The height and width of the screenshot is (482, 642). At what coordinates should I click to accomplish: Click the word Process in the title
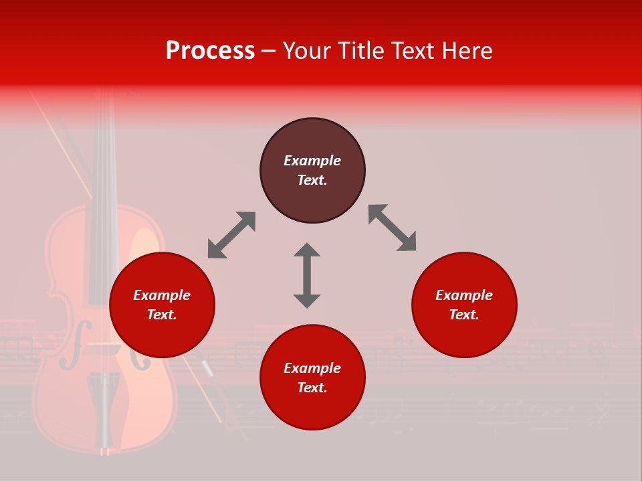pyautogui.click(x=210, y=51)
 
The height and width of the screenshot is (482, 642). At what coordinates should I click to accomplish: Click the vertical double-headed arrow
pyautogui.click(x=307, y=275)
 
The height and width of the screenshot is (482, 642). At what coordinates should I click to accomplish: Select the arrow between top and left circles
pyautogui.click(x=231, y=235)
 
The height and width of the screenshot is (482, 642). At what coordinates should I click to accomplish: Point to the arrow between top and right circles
pyautogui.click(x=392, y=228)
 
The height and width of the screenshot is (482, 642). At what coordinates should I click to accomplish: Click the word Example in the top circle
pyautogui.click(x=312, y=161)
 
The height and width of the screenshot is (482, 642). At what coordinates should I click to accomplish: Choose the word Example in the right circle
pyautogui.click(x=464, y=295)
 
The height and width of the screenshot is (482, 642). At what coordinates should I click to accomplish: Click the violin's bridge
pyautogui.click(x=104, y=345)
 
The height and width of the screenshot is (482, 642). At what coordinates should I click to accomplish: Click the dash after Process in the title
pyautogui.click(x=268, y=51)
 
